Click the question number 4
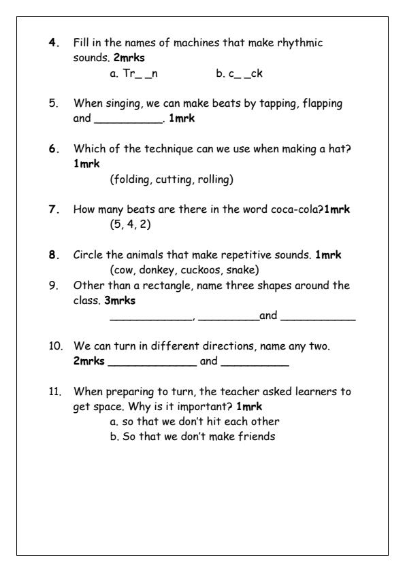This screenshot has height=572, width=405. coord(52,44)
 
